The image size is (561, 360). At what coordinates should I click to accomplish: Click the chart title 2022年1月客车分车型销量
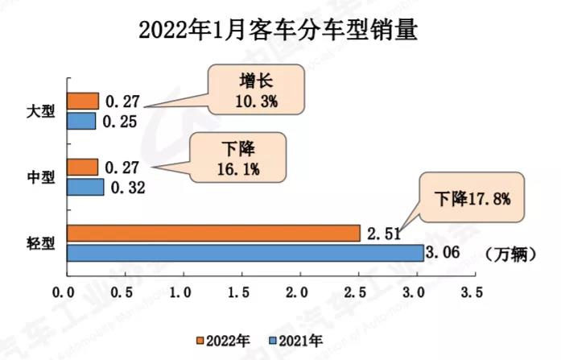(x=280, y=30)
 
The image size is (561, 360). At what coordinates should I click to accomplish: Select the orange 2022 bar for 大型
(x=83, y=101)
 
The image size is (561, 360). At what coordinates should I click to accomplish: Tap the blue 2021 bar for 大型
(x=82, y=121)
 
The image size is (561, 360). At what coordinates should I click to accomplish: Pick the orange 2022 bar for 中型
(x=83, y=167)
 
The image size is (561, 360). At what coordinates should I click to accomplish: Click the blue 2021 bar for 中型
(x=85, y=187)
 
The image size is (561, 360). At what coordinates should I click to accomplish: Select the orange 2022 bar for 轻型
(x=213, y=233)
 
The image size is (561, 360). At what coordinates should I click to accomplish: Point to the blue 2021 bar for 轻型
(x=245, y=253)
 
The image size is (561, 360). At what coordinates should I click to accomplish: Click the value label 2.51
(x=384, y=234)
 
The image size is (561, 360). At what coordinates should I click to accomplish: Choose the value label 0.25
(x=121, y=122)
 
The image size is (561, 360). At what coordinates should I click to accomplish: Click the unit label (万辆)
(x=511, y=254)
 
